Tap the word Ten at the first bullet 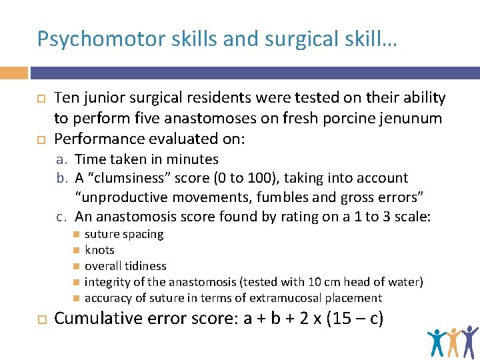pyautogui.click(x=67, y=99)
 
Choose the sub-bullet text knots pyautogui.click(x=99, y=250)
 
